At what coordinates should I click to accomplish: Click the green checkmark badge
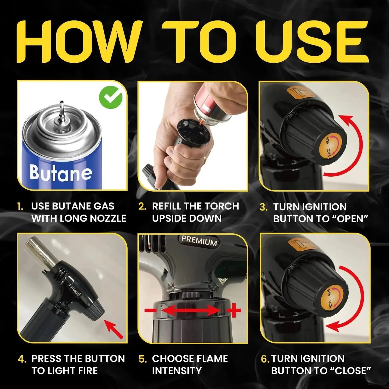pos(110,97)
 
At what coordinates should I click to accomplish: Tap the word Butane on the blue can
pos(61,172)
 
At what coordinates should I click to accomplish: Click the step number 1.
pos(20,207)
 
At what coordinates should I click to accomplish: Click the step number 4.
pos(22,359)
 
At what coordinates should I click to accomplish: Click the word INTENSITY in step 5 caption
pos(177,371)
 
